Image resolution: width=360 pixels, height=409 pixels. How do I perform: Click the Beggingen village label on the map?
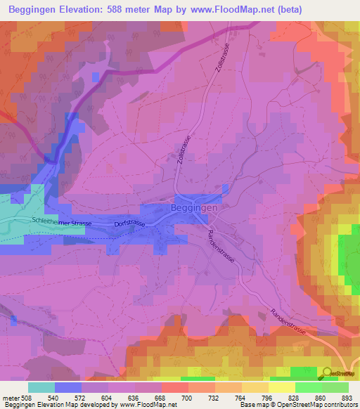click(x=195, y=209)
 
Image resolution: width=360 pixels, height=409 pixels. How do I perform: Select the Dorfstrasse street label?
click(x=129, y=223)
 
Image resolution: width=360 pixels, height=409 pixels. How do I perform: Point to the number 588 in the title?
click(x=138, y=9)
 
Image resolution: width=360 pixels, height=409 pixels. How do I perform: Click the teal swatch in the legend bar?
click(x=41, y=387)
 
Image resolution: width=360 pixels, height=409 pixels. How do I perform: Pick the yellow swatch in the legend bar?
click(x=281, y=387)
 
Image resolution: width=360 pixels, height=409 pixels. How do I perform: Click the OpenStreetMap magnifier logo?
click(x=328, y=373)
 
